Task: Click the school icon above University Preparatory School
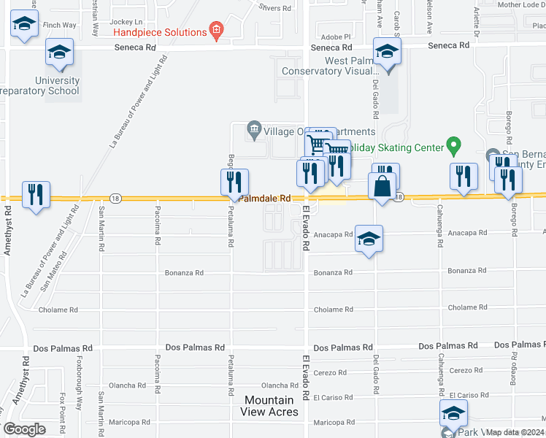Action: tap(59, 53)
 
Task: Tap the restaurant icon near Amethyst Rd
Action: tap(36, 195)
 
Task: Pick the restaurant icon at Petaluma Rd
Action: tap(234, 182)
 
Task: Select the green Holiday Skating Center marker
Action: tap(453, 147)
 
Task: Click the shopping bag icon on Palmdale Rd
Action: tap(382, 187)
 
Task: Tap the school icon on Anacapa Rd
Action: tap(369, 239)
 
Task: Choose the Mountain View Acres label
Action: tap(269, 406)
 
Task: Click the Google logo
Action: tap(25, 429)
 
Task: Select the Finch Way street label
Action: tap(60, 25)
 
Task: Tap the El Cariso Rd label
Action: tap(333, 397)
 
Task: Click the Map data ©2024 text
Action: tap(515, 432)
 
